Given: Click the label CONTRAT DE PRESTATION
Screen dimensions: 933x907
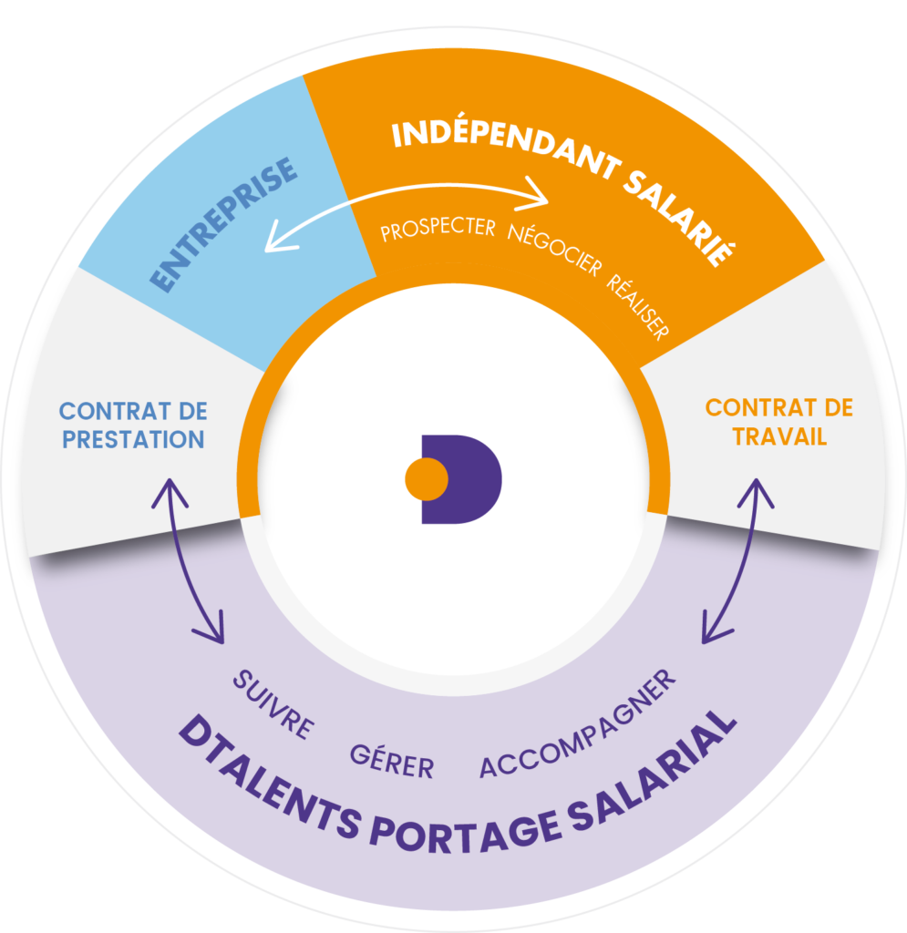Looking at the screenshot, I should pos(132,425).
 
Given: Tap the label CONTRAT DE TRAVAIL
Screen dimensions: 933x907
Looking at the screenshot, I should pos(778,422).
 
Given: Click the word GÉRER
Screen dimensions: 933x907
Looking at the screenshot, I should pos(392,761).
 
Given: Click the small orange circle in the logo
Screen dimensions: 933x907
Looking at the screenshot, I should pos(426,479).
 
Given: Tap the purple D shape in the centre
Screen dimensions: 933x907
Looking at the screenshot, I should pos(474,479).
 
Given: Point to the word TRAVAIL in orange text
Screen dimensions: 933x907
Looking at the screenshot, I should pos(778,436).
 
